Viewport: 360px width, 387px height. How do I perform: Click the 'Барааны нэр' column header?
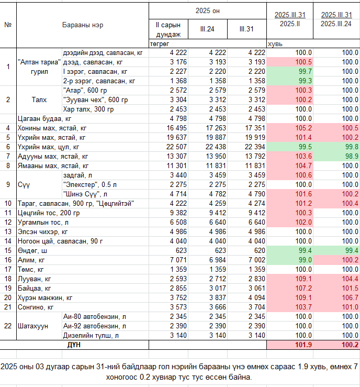pyautogui.click(x=83, y=25)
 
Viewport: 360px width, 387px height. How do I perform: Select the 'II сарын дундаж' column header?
pyautogui.click(x=168, y=29)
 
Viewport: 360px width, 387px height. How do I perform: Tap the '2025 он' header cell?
pyautogui.click(x=207, y=11)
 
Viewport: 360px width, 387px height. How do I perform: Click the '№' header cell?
pyautogui.click(x=8, y=25)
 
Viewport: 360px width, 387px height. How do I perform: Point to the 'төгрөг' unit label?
pyautogui.click(x=160, y=44)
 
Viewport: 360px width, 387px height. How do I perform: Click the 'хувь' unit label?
pyautogui.click(x=275, y=44)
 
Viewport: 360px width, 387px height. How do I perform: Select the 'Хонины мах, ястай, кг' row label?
pyautogui.click(x=52, y=128)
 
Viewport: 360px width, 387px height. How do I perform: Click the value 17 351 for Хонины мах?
pyautogui.click(x=255, y=128)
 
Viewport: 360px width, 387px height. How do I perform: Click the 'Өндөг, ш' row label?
pyautogui.click(x=32, y=250)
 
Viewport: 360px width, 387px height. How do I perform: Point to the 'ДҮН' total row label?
pyautogui.click(x=74, y=345)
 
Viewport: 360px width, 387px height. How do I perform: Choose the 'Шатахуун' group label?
pyautogui.click(x=33, y=326)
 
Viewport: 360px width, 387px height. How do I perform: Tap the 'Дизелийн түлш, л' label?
pyautogui.click(x=91, y=335)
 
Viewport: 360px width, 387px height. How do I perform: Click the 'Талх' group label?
pyautogui.click(x=39, y=99)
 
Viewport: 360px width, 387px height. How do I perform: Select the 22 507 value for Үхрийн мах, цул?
pyautogui.click(x=176, y=147)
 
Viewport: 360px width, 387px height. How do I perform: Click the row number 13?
pyautogui.click(x=8, y=232)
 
